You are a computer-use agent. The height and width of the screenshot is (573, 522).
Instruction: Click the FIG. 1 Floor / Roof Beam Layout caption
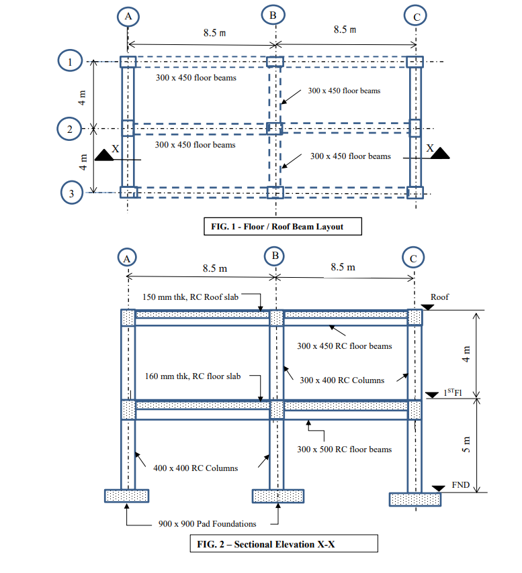[282, 227]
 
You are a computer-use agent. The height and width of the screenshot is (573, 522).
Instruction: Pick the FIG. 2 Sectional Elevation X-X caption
[284, 543]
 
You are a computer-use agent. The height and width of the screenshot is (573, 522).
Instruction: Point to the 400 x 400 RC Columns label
[195, 468]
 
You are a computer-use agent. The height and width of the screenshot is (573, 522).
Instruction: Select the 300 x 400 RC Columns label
[342, 380]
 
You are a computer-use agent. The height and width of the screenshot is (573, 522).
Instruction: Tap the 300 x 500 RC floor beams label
[344, 449]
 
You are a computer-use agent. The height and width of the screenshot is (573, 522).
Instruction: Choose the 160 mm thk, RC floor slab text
[193, 376]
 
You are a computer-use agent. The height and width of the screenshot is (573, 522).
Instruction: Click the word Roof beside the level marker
[439, 297]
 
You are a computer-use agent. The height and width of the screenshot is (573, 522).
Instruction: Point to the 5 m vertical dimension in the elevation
[469, 446]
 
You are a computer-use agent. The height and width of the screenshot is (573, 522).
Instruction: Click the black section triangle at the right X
[440, 155]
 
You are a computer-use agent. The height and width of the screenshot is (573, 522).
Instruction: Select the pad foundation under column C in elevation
[415, 499]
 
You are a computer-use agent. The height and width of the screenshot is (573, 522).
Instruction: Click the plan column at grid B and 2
[275, 127]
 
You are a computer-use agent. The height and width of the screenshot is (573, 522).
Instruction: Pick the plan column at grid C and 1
[415, 62]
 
